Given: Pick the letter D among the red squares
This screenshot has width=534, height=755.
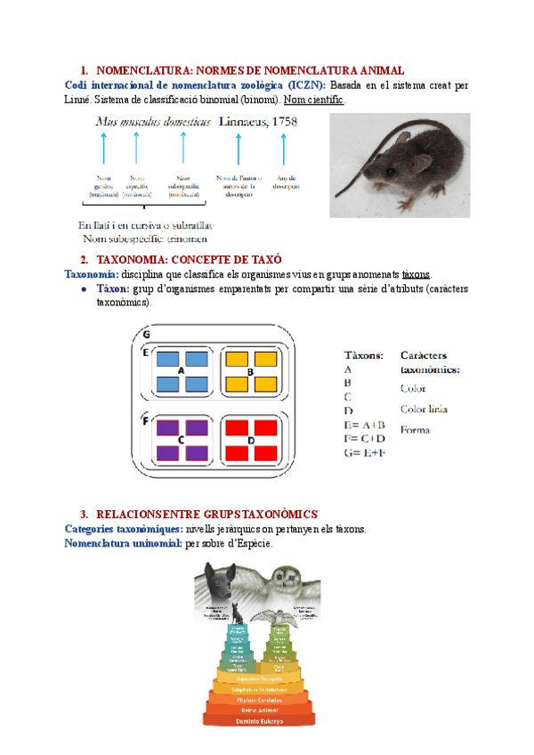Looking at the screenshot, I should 251,440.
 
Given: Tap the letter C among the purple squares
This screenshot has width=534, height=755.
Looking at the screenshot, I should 181,440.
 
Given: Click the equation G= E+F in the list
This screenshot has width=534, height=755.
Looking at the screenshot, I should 364,453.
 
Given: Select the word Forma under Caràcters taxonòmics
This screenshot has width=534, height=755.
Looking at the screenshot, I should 415,430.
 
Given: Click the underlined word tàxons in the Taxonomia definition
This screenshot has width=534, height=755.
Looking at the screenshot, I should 417,274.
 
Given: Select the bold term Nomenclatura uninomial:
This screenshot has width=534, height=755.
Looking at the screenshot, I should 124,543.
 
